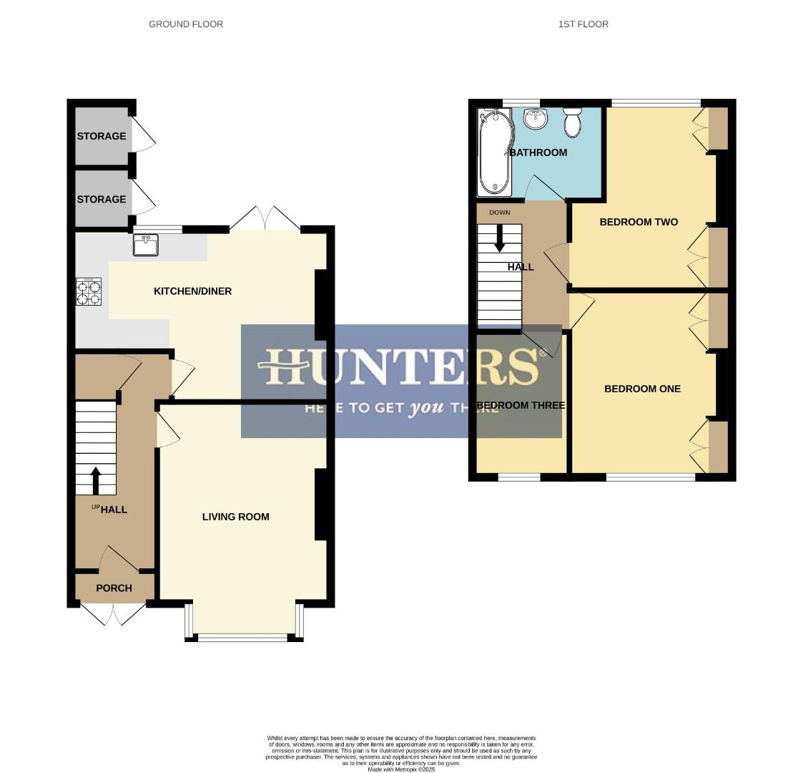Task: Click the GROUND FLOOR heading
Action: (x=186, y=24)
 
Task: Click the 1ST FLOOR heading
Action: (x=583, y=24)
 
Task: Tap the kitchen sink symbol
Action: (x=145, y=245)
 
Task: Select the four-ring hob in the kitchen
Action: (x=89, y=292)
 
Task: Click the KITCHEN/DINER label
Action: (x=193, y=291)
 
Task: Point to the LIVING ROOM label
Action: (x=235, y=517)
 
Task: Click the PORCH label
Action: (x=114, y=588)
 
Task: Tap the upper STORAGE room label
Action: (x=102, y=136)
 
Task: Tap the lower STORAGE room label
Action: (x=102, y=200)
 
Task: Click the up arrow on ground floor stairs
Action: (x=96, y=480)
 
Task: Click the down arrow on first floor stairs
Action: (x=499, y=238)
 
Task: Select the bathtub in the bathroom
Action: (x=493, y=152)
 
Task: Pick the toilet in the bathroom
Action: (x=572, y=122)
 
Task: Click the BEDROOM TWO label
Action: (x=639, y=222)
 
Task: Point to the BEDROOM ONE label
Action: (x=642, y=389)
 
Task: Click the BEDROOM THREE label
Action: (x=520, y=406)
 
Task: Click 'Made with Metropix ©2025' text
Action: (x=401, y=769)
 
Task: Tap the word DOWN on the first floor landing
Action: (x=499, y=213)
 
